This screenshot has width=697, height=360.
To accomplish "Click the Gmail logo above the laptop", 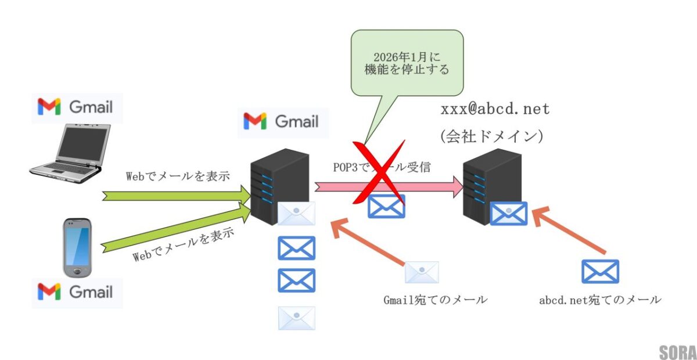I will click(76, 107).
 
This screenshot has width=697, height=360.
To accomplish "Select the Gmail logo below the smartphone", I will click(76, 291).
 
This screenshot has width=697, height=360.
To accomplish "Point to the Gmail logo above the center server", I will click(282, 121).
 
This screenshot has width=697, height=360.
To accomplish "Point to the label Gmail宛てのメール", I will click(434, 300).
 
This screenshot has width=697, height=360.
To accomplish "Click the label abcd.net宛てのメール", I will click(599, 300).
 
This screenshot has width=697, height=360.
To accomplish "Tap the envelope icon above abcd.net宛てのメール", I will click(600, 271).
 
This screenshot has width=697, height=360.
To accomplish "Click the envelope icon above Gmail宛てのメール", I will click(422, 272).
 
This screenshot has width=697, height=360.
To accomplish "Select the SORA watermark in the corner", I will click(677, 352).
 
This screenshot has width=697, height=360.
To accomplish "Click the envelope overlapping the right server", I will click(509, 213).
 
